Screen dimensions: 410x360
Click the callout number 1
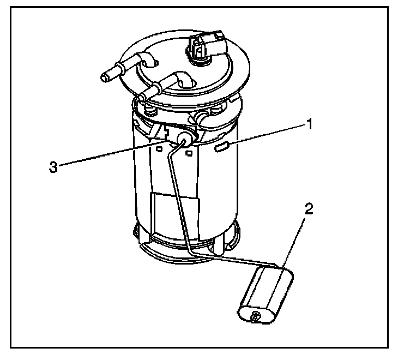click(310, 124)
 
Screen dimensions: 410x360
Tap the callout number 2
click(309, 209)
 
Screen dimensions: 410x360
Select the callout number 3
click(53, 167)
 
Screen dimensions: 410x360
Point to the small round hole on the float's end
click(255, 317)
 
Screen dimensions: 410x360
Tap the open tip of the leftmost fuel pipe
click(105, 77)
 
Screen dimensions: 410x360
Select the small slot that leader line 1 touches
click(222, 147)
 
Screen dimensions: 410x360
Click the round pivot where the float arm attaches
click(184, 138)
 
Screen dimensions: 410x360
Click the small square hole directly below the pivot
click(189, 153)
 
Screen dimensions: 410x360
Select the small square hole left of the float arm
click(159, 149)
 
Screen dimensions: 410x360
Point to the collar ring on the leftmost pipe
click(120, 69)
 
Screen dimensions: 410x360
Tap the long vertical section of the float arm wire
click(178, 199)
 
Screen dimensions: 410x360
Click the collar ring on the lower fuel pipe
click(156, 88)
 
